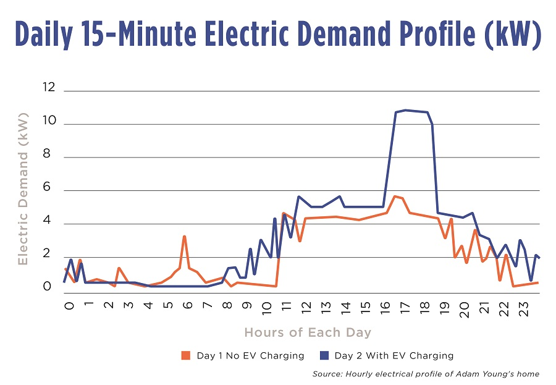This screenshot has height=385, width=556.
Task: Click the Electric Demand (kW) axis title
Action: click(x=23, y=189)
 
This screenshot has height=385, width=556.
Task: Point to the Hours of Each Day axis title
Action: click(x=308, y=332)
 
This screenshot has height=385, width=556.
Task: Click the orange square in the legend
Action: click(x=184, y=355)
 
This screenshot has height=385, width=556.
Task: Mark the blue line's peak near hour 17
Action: click(x=405, y=110)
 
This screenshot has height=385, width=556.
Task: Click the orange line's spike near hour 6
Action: click(x=184, y=236)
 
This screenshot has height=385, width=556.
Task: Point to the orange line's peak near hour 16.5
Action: click(x=395, y=196)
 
